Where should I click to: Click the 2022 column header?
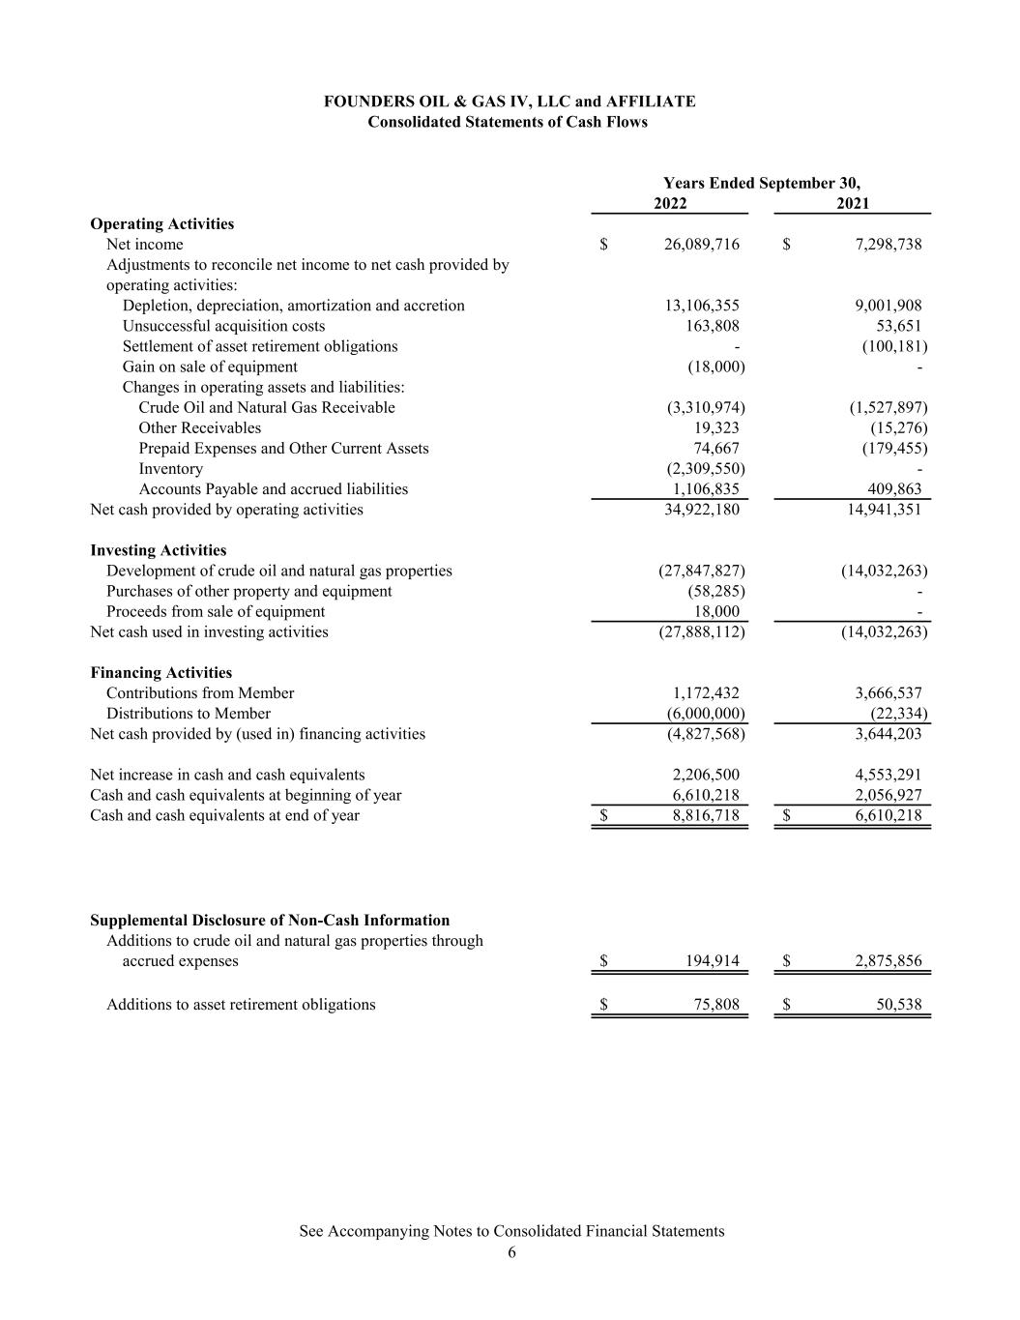(x=670, y=203)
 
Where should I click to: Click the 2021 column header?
(x=853, y=203)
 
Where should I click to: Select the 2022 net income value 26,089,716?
(x=701, y=245)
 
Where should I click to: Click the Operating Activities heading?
(x=161, y=224)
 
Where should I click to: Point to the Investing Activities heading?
(x=158, y=550)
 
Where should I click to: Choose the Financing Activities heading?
(x=160, y=673)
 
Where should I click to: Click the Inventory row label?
(x=170, y=469)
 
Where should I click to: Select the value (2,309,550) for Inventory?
(x=705, y=469)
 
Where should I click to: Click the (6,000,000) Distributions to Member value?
(x=705, y=714)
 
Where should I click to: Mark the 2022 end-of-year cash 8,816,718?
(x=705, y=816)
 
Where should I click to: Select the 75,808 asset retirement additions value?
(x=716, y=1005)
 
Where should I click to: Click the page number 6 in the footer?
(x=511, y=1253)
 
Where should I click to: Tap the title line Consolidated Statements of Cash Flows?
(x=508, y=123)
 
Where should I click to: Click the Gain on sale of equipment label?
(x=210, y=367)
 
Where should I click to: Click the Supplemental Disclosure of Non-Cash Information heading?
(x=270, y=921)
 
